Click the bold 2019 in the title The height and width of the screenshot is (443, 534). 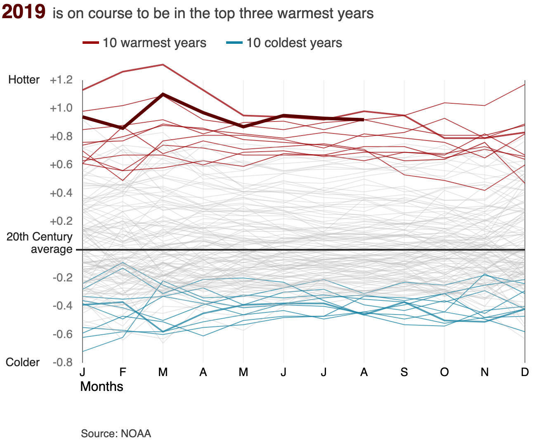pyautogui.click(x=24, y=12)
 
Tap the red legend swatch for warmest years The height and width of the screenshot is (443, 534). pyautogui.click(x=90, y=43)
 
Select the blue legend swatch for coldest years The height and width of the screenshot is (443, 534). pyautogui.click(x=234, y=43)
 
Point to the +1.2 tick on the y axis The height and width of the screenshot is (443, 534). pyautogui.click(x=61, y=80)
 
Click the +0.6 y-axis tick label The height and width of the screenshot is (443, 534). pyautogui.click(x=61, y=165)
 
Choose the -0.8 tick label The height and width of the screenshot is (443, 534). pyautogui.click(x=62, y=362)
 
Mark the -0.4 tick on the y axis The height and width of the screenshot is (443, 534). pyautogui.click(x=62, y=306)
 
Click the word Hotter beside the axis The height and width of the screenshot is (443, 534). pyautogui.click(x=24, y=80)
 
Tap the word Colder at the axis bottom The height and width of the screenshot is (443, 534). pyautogui.click(x=23, y=362)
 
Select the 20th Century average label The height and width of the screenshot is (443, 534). pyautogui.click(x=40, y=243)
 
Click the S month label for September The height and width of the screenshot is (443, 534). pyautogui.click(x=404, y=372)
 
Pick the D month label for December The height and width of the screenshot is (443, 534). pyautogui.click(x=525, y=372)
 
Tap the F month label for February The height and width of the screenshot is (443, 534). pyautogui.click(x=123, y=372)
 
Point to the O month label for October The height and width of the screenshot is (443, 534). pyautogui.click(x=444, y=372)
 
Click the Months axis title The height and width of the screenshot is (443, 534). pyautogui.click(x=102, y=387)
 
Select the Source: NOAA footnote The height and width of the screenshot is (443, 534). pyautogui.click(x=116, y=433)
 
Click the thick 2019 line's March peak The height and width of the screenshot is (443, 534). pyautogui.click(x=163, y=94)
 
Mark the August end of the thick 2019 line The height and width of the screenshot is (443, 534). pyautogui.click(x=363, y=119)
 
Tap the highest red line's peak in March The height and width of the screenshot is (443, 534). pyautogui.click(x=163, y=64)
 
